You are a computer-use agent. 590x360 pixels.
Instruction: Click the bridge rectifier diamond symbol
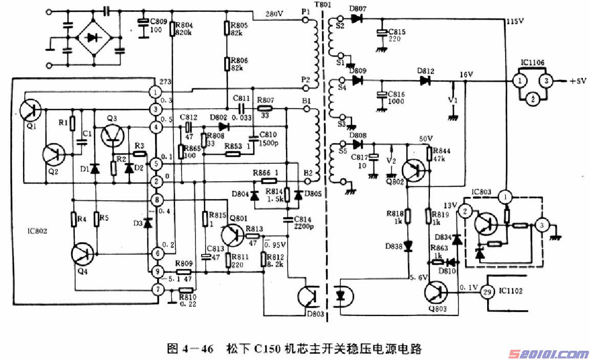pos(93,37)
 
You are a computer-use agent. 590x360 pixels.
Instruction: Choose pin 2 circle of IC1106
pos(533,99)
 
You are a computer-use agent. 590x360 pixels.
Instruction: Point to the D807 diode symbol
pos(357,19)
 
